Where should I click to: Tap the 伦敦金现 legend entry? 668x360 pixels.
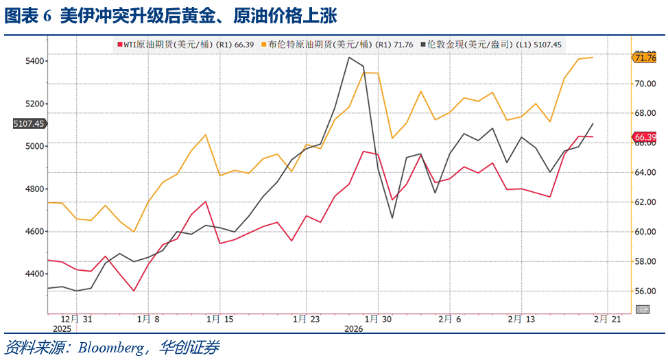click(492, 45)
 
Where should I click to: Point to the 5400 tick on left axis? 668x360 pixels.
click(33, 61)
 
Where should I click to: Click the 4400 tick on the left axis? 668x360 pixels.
click(33, 274)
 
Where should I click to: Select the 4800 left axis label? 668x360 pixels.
click(33, 189)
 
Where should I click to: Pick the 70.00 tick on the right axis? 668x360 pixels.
click(645, 84)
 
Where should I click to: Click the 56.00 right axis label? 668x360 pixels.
click(645, 291)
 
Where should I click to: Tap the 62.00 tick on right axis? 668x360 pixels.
click(645, 202)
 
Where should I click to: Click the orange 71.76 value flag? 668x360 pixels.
click(645, 58)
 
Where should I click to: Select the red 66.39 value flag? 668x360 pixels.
click(645, 138)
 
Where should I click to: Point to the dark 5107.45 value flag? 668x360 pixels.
click(29, 124)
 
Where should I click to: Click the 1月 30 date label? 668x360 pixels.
click(378, 319)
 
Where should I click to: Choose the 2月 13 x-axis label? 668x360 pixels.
click(521, 319)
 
